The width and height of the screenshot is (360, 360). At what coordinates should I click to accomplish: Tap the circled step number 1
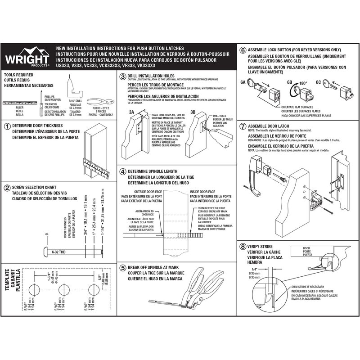(7, 126)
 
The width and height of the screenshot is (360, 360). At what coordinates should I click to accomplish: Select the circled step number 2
(7, 188)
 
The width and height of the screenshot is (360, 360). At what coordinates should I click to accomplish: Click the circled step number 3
(122, 77)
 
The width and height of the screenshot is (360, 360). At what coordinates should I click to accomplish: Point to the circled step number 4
(122, 171)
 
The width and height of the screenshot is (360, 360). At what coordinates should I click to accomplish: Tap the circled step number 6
(243, 50)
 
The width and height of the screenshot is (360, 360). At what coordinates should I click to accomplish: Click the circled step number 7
(243, 126)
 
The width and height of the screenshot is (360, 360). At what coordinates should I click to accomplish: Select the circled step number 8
(243, 247)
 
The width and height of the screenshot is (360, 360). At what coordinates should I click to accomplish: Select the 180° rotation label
(302, 83)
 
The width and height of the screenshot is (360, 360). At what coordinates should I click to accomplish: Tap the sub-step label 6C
(318, 83)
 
